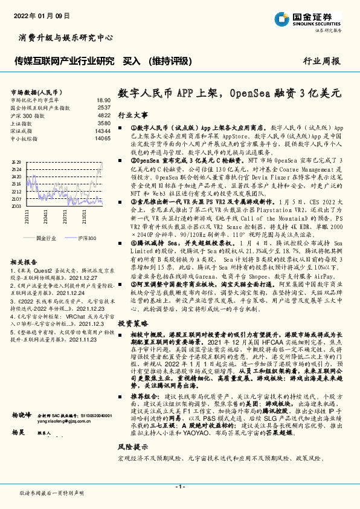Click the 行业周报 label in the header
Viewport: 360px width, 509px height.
coord(322,61)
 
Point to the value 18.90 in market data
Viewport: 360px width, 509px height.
coord(103,100)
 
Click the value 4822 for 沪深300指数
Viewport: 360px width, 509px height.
coord(104,115)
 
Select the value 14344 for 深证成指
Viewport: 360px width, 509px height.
coord(103,131)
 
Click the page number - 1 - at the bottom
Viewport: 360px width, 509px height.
coord(179,487)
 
